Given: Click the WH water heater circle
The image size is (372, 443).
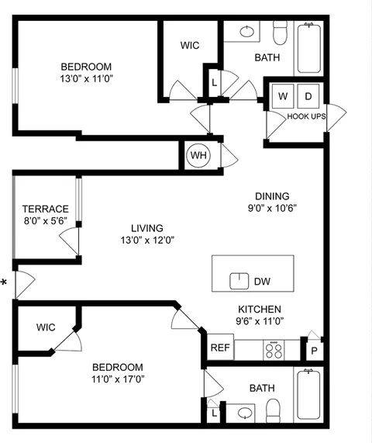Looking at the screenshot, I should tap(199, 155).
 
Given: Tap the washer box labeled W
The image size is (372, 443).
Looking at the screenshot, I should tap(283, 96).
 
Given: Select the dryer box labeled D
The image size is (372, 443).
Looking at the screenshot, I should tap(307, 96).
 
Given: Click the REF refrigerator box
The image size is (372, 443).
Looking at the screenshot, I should tap(219, 348).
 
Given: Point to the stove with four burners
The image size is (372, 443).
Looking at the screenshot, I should tap(274, 349).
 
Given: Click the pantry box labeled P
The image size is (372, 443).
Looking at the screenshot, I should tap(314, 350).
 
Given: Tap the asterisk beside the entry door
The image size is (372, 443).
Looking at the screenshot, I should tap(5, 283).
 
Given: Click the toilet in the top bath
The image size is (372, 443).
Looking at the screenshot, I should tap(281, 32).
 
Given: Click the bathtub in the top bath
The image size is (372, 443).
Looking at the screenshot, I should tap(312, 48).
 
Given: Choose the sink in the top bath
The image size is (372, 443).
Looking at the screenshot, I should tap(246, 32).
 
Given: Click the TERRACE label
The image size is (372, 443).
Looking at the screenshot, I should tap(45, 209).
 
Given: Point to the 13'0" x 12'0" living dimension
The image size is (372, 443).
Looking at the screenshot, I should tap(146, 240).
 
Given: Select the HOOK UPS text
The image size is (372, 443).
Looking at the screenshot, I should tap(306, 116).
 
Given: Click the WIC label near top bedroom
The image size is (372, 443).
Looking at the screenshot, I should tap(190, 46).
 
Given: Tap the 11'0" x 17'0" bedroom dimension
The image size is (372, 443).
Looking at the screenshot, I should tap(118, 379).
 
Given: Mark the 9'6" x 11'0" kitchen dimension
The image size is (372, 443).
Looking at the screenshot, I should tap(260, 320).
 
